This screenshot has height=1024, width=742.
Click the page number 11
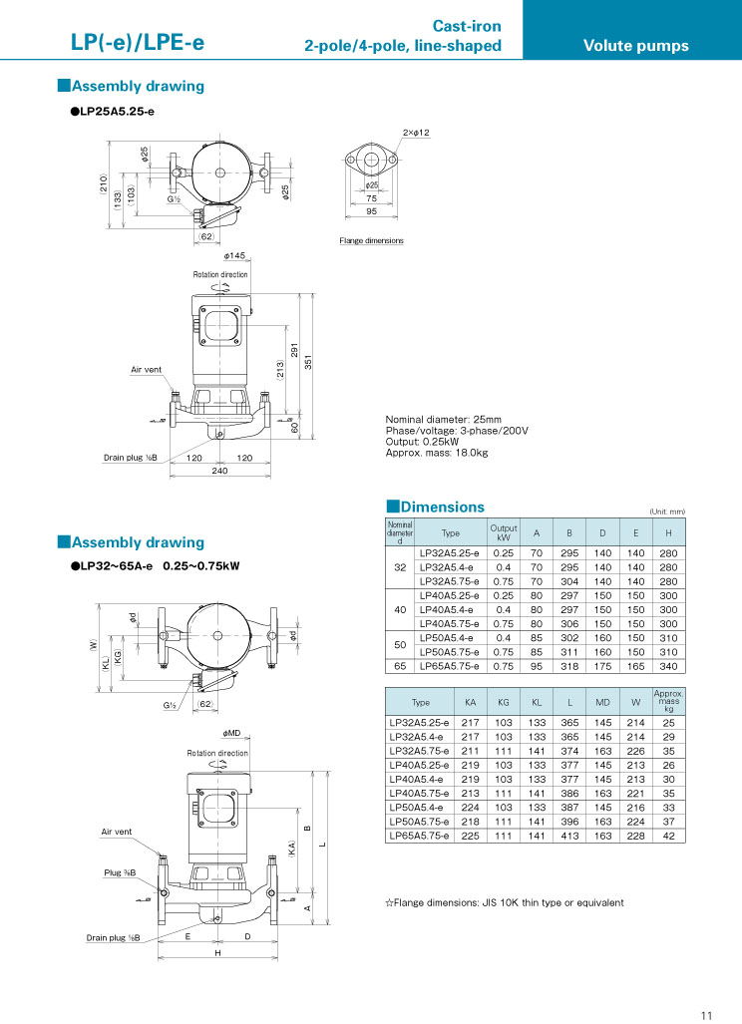coord(706,1015)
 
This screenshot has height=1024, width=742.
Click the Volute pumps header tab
coord(635,45)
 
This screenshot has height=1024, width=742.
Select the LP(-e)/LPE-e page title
coord(137,43)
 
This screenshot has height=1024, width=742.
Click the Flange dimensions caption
coord(371,241)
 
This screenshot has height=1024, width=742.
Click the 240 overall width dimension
coord(219,470)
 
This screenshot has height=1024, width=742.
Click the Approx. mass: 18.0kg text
coord(436,454)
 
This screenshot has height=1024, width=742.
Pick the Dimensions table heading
coord(435,508)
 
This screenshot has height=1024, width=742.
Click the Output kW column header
coord(503,532)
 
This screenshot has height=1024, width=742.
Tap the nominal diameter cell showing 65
coord(399,665)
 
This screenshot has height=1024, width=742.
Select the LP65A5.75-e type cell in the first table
coord(449,665)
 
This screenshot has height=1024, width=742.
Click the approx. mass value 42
coord(668,836)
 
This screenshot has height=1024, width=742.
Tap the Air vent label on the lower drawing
coord(116,832)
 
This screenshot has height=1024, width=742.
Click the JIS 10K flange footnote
coord(505,903)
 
